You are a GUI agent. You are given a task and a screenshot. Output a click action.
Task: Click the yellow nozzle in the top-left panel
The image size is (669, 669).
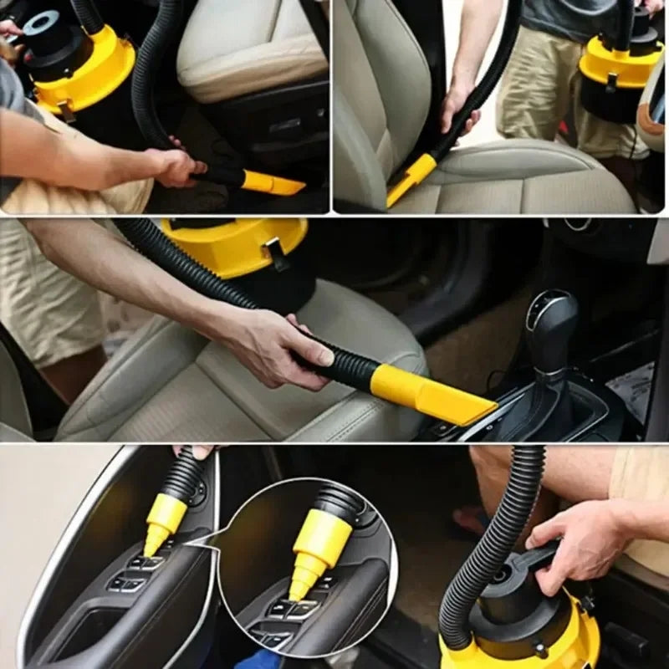(x=272, y=183)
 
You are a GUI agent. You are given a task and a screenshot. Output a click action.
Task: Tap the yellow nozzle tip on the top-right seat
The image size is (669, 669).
(x=411, y=179)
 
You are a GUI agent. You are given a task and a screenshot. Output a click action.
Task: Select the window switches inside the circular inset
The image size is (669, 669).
(x=284, y=615)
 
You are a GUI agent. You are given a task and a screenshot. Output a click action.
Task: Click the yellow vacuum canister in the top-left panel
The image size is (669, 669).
(x=84, y=75)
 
